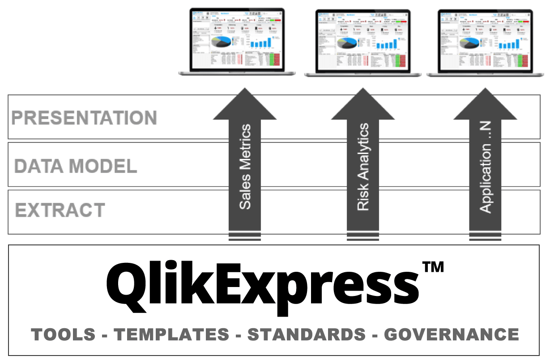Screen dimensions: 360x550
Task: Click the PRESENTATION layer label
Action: point(84,118)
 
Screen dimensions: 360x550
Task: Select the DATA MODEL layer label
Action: point(75,166)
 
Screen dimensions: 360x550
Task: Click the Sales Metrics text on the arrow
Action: point(245,167)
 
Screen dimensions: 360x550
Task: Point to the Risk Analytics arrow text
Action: point(363,167)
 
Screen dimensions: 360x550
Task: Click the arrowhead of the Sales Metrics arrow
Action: point(245,105)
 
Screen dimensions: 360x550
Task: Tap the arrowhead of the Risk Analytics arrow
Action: point(363,105)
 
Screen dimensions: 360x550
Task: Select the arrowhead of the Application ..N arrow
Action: point(486,105)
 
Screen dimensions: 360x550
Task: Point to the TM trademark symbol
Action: point(433,267)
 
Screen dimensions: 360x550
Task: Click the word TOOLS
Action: point(63,334)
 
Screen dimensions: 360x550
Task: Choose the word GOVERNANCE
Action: point(452,334)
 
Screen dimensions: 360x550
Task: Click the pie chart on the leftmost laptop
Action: point(222,41)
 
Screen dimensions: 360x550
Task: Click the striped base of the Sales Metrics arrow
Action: point(245,237)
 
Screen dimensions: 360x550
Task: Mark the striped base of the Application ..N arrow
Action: point(486,237)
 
